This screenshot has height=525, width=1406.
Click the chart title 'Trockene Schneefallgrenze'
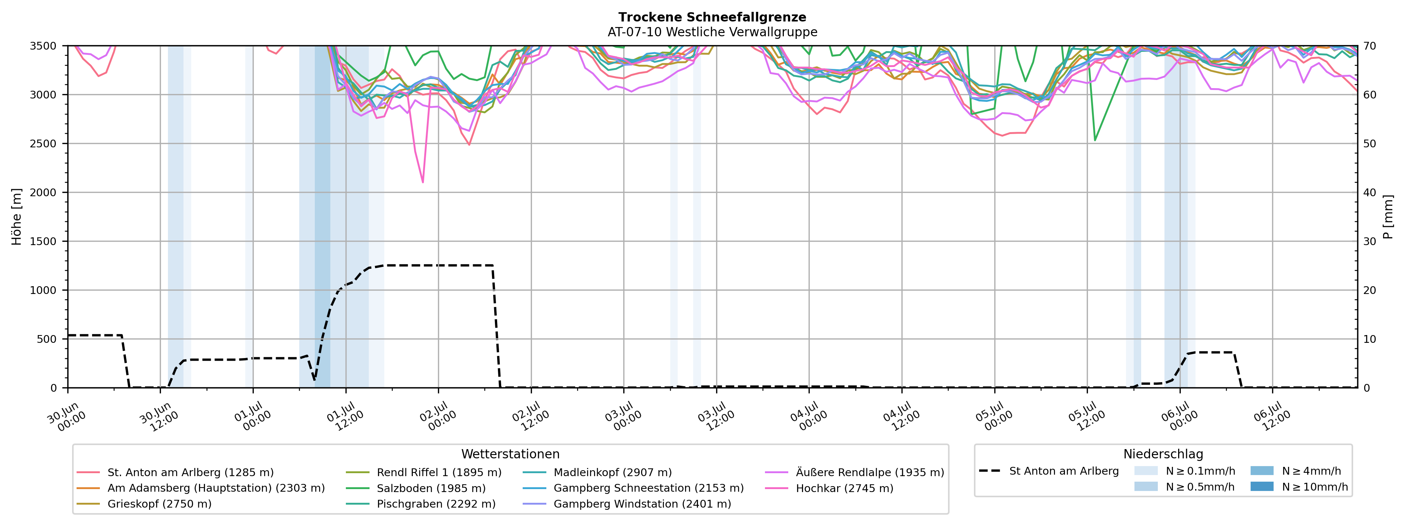tap(712, 17)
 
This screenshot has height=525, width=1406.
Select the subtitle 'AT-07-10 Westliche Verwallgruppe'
tap(712, 32)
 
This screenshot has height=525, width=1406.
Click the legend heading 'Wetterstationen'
tap(510, 454)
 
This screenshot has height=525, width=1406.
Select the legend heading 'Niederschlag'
tap(1163, 454)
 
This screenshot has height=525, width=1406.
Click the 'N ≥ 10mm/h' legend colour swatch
tap(1262, 486)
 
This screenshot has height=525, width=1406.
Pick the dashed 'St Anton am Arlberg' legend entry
tap(1049, 471)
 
